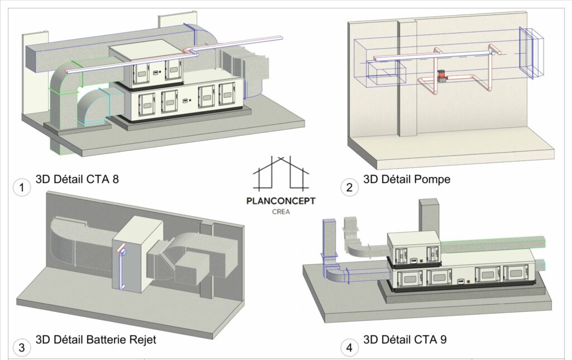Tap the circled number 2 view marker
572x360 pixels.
(350, 188)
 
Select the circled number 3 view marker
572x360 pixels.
(22, 348)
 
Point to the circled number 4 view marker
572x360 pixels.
(350, 348)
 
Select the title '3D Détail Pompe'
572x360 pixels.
(407, 179)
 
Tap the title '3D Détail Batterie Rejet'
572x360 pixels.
(96, 339)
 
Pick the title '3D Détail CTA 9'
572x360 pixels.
(405, 339)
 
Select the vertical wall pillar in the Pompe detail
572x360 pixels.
(406, 78)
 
